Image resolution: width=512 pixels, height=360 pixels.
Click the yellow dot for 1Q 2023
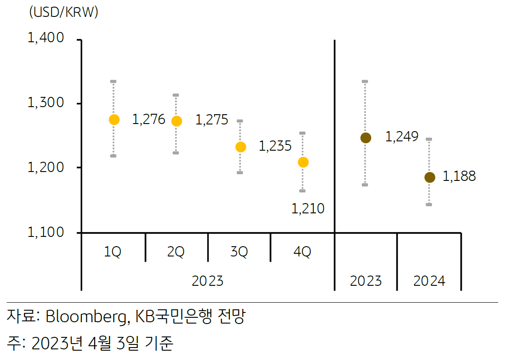coord(114,120)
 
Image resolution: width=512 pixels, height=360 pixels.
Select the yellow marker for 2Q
coord(176,121)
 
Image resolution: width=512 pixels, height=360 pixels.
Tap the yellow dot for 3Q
coord(240,147)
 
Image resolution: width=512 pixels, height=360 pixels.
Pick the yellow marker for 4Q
coord(303,162)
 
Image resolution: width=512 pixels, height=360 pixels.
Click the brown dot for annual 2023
coord(365,138)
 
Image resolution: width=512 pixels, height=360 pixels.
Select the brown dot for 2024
coord(430,177)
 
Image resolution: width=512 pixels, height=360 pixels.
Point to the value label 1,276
coord(148,120)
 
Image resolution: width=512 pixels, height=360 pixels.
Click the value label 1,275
coord(212,120)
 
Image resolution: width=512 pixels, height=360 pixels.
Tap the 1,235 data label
coord(275,146)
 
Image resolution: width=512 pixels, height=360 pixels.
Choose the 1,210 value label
coord(308,208)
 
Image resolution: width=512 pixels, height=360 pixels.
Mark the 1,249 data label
coord(402,137)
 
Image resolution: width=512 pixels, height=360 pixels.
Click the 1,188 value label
coord(459,176)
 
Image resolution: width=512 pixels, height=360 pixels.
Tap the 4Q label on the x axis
coord(302,252)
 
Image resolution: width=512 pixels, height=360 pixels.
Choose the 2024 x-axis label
coord(429,281)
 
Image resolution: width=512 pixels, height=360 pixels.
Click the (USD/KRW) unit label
coord(64,13)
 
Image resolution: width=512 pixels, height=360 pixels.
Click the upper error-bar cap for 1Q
coord(113,82)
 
